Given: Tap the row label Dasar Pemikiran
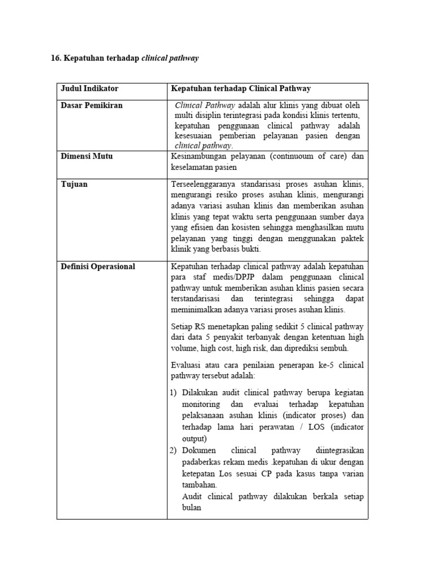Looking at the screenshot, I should click(91, 106).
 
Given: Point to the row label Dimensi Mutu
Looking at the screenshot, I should click(86, 156).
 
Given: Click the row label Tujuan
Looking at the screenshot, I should click(74, 185).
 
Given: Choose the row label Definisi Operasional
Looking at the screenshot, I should click(98, 266).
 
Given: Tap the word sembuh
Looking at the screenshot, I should click(334, 348).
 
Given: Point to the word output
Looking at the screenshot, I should click(195, 438).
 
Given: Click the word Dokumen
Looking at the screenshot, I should click(199, 450).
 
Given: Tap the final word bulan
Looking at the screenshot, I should click(192, 507).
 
